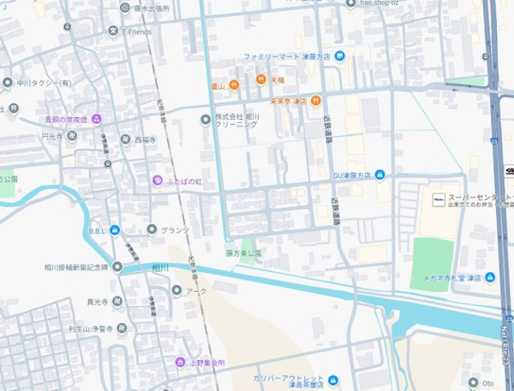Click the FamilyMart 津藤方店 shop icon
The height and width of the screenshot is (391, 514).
coord(340,56)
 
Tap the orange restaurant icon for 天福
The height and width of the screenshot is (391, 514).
coord(259,79)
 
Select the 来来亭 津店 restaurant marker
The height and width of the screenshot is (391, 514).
coord(315,100)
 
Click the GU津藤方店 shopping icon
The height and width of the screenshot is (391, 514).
coord(380,175)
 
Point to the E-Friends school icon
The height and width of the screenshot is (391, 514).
coord(113,32)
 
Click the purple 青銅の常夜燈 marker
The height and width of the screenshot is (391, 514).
coord(97,119)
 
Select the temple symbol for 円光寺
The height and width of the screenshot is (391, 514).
coord(72,136)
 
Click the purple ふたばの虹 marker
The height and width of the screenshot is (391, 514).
coord(157,181)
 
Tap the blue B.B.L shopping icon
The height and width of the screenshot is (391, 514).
coord(115,230)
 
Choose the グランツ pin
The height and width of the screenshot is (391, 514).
coord(152,229)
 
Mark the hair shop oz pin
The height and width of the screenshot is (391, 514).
coord(350,3)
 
